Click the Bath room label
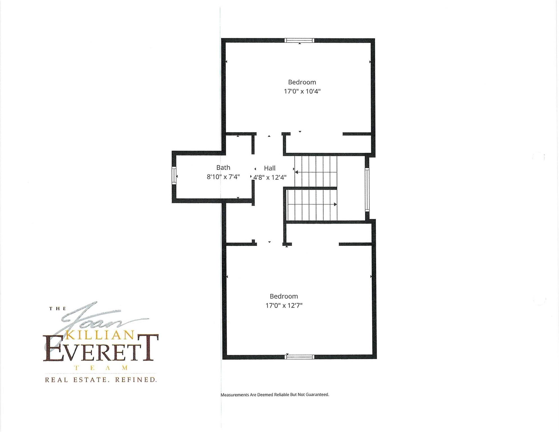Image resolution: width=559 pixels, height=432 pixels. (223, 168)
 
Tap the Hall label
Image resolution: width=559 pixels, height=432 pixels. (270, 168)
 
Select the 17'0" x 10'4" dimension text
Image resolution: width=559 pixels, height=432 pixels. (302, 91)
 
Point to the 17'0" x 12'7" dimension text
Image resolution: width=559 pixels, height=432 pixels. (284, 305)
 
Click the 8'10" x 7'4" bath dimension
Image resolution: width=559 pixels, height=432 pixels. (223, 177)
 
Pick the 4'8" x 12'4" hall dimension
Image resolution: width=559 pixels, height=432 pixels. (270, 177)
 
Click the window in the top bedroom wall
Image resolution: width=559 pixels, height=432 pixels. (299, 40)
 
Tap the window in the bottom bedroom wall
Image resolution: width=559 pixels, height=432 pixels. (299, 357)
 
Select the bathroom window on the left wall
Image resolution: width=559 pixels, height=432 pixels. (174, 176)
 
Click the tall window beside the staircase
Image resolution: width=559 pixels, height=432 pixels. (367, 190)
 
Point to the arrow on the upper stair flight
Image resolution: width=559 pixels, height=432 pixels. (315, 172)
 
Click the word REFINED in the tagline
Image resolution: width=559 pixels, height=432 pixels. (136, 380)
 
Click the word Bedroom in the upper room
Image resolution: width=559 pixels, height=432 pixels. (302, 82)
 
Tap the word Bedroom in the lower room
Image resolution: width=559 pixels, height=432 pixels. (284, 296)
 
